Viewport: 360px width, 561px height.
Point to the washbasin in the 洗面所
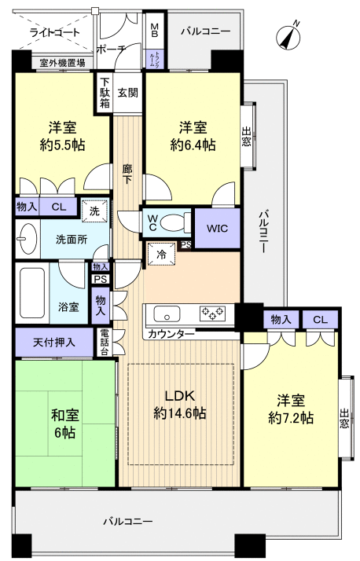point(28,238)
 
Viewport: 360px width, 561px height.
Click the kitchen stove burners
point(212,314)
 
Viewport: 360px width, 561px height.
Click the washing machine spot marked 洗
point(94,211)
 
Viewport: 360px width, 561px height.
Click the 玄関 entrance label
point(128,92)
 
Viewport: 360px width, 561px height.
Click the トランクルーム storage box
point(155,58)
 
